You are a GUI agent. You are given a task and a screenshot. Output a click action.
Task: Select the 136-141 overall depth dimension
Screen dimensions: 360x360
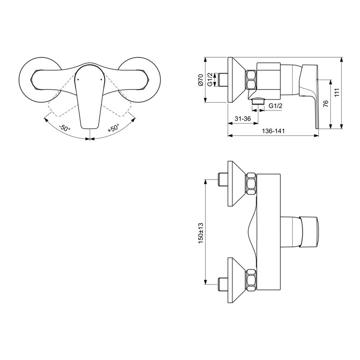tap(273, 131)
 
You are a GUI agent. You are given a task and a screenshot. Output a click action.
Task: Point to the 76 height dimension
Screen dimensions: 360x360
tap(325, 104)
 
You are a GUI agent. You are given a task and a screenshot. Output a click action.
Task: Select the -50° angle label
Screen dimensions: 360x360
tap(64, 128)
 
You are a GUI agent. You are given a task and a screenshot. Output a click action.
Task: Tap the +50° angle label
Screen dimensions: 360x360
tap(113, 128)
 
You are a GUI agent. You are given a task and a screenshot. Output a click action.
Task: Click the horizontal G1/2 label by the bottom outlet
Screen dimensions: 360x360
tap(276, 105)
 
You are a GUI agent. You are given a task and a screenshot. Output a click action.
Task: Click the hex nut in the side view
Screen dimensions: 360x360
tap(251, 80)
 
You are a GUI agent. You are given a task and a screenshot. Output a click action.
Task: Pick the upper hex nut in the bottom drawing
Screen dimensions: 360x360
tap(251, 183)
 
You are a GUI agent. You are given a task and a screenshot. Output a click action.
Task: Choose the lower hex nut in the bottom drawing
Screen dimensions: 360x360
tap(251, 281)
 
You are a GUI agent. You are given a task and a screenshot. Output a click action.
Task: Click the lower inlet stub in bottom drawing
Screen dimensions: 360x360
tap(222, 281)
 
